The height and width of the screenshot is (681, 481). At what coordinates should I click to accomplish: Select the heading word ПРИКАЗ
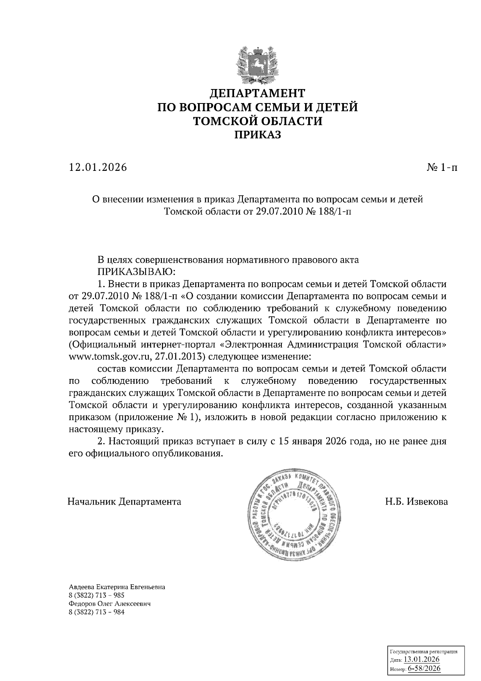point(257,135)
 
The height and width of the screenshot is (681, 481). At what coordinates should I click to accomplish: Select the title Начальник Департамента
point(124,502)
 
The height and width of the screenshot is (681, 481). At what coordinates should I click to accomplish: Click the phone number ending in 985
point(97,596)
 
